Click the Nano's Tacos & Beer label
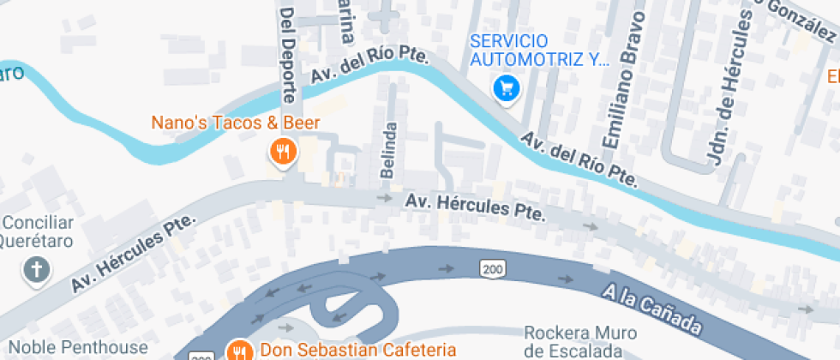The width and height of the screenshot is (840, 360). (x=236, y=123)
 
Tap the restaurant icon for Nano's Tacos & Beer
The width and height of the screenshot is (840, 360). (x=282, y=153)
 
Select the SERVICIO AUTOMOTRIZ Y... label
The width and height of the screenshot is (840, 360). (x=539, y=51)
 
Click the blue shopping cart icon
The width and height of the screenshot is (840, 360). (x=507, y=87)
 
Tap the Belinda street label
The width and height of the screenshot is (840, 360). (x=390, y=151)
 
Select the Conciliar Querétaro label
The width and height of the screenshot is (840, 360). (x=37, y=231)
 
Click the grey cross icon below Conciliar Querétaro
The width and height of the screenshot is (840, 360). (x=36, y=270)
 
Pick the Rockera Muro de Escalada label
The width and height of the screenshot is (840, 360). (x=579, y=342)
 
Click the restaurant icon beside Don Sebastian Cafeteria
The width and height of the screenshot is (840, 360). (x=239, y=350)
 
